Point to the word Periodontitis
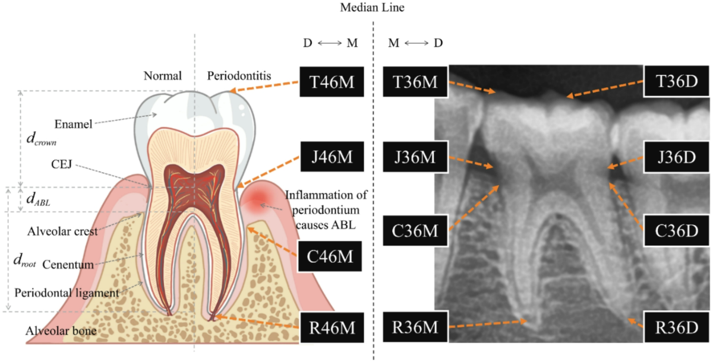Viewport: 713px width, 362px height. coord(239,77)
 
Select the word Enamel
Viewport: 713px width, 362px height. coord(73,124)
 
